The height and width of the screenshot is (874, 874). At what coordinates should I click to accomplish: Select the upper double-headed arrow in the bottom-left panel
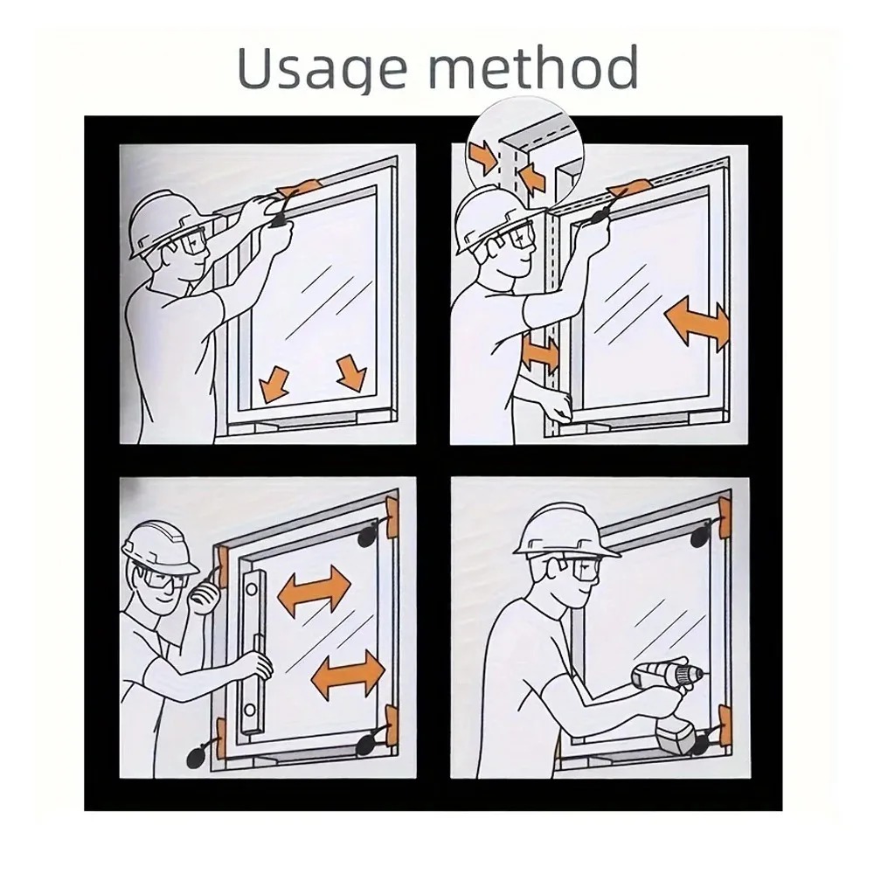click(x=314, y=588)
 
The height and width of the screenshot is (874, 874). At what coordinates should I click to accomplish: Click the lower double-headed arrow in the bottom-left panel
click(x=348, y=673)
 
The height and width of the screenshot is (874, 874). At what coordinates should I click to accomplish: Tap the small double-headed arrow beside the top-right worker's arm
click(x=540, y=353)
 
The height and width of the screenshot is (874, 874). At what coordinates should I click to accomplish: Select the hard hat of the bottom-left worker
click(x=159, y=548)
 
